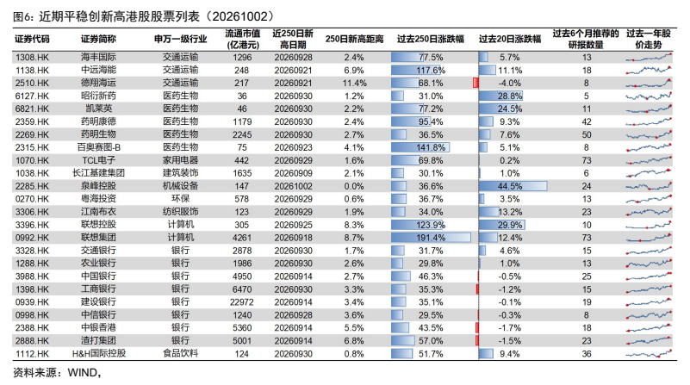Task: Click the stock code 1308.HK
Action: [x=32, y=57]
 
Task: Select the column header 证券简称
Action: [x=98, y=39]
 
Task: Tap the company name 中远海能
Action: [x=98, y=70]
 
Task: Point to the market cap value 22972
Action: [x=241, y=302]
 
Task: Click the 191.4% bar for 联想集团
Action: [x=431, y=238]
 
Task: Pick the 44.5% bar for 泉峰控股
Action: [x=513, y=186]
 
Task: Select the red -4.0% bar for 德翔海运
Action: [x=476, y=83]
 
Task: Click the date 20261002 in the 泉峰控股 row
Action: [x=293, y=186]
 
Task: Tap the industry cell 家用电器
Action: [x=180, y=160]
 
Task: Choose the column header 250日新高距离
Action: [x=354, y=39]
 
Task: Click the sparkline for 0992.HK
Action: [x=649, y=238]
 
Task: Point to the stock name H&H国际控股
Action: [x=99, y=353]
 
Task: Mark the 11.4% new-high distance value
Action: [x=354, y=83]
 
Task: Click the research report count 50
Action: [x=586, y=134]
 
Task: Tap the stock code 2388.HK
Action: [x=32, y=328]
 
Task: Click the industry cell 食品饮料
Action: [x=180, y=353]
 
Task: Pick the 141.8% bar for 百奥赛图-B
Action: [x=420, y=147]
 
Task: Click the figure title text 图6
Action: [x=22, y=16]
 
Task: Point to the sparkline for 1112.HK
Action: [x=649, y=353]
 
